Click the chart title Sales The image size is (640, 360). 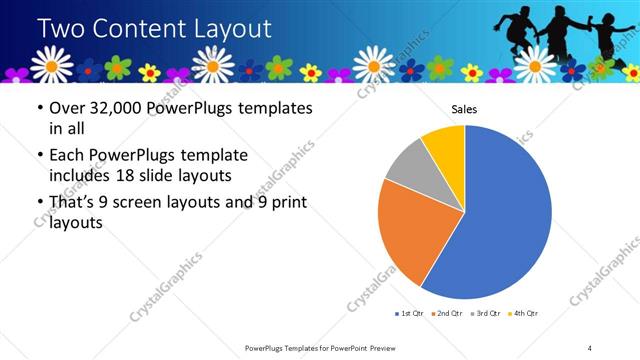464,108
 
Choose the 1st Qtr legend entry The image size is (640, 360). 410,314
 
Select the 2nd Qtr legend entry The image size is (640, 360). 448,314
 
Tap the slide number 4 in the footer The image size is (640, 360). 590,347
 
